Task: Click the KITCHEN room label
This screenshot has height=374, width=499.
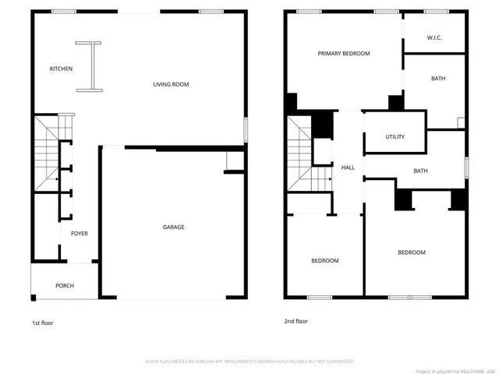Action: [x=61, y=69]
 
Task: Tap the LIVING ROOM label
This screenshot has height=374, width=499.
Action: [x=171, y=84]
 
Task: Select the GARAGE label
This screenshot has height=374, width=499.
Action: [x=173, y=227]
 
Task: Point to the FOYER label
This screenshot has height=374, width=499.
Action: [x=79, y=234]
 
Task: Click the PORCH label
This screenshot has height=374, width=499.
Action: [x=65, y=286]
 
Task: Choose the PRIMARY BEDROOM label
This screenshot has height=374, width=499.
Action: [x=343, y=54]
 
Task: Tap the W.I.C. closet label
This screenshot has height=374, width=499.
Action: [x=434, y=37]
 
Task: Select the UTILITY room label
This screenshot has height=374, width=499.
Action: [x=395, y=136]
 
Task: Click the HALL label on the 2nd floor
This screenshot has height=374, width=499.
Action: [x=349, y=167]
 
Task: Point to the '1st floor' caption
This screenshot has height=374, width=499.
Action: [x=43, y=323]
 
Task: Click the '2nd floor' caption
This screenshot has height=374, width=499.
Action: [x=296, y=321]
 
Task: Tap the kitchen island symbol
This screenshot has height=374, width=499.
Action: [x=90, y=67]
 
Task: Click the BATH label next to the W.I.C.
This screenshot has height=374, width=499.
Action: [x=438, y=79]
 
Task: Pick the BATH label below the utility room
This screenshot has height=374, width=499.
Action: [x=420, y=171]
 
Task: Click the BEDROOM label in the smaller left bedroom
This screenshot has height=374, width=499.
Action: [x=325, y=260]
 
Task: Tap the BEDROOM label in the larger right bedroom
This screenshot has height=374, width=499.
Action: [x=412, y=252]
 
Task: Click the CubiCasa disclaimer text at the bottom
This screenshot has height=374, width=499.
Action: [x=249, y=362]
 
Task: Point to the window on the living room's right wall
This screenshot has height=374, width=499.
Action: [x=244, y=129]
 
